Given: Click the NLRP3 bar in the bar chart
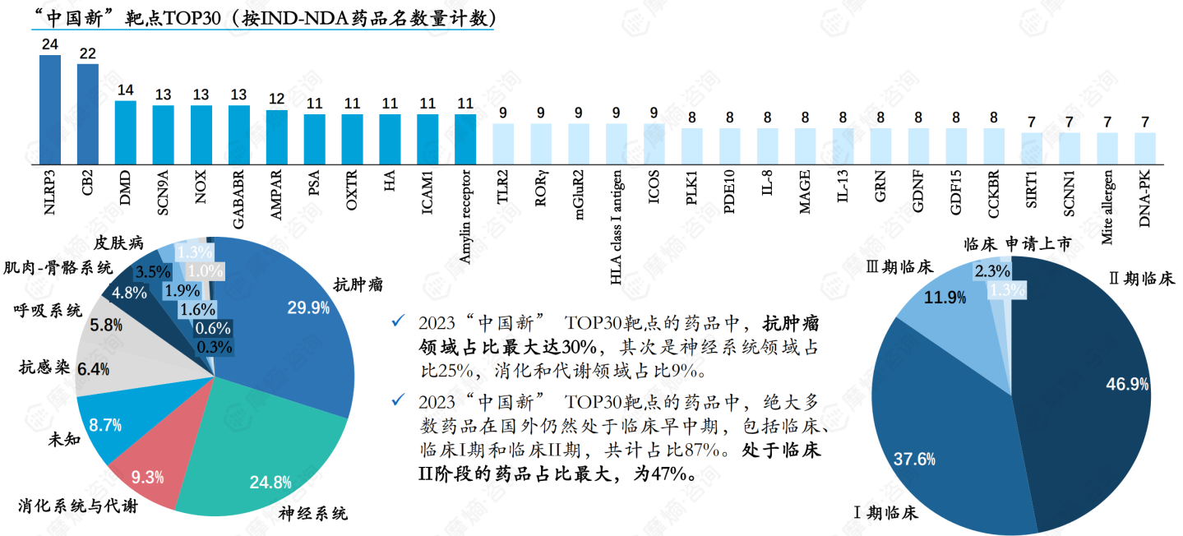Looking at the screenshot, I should coord(50,111).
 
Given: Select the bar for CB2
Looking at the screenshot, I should coord(88,116).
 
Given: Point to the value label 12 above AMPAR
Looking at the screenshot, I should coord(276,99).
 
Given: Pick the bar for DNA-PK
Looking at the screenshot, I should coord(1145,150).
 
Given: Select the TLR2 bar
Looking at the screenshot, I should coord(503,145).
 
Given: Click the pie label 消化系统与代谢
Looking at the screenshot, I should coord(77,506).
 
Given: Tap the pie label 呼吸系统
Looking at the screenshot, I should coord(48,311).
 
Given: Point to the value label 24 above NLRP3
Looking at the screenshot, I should coord(50,44).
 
